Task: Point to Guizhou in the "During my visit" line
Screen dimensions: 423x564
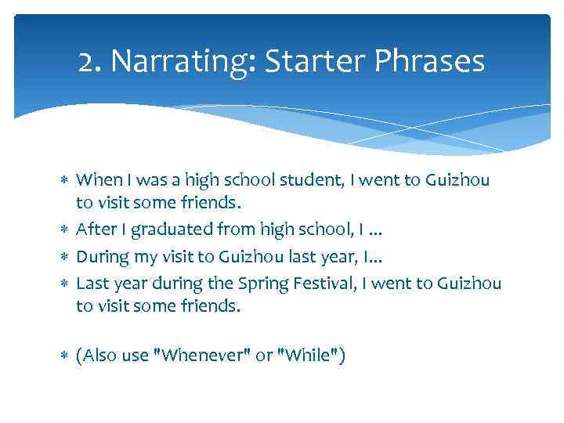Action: tap(248, 256)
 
